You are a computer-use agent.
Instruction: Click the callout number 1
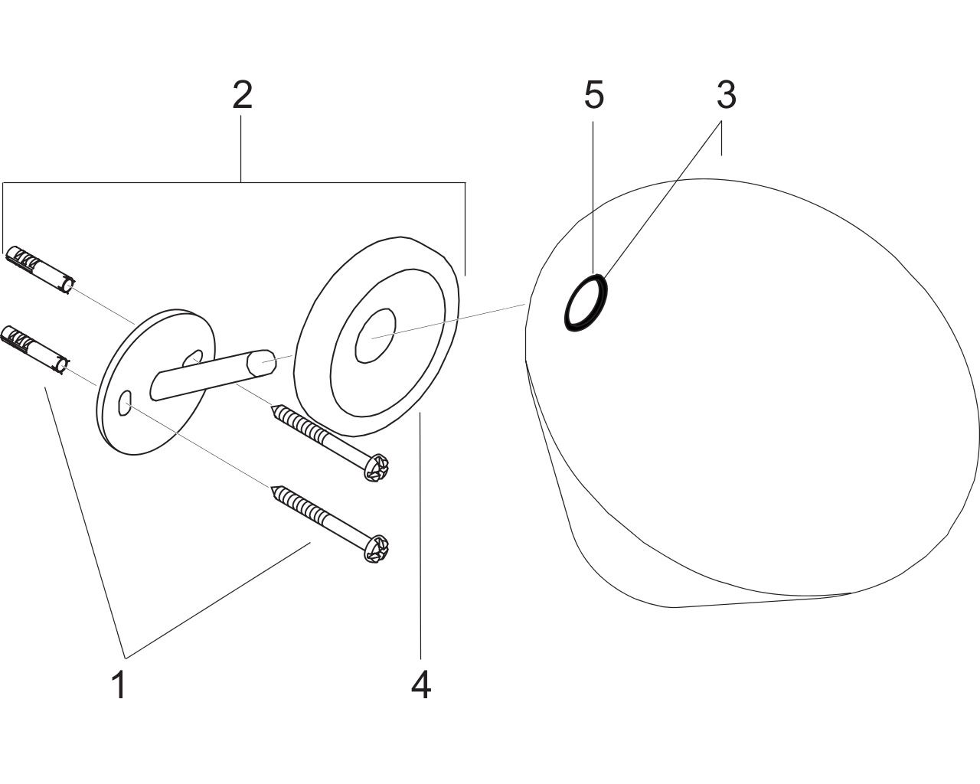click(x=119, y=684)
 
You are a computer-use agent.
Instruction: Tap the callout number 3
click(x=727, y=95)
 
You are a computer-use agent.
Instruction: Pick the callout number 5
click(x=594, y=95)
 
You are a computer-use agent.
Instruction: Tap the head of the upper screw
click(x=377, y=467)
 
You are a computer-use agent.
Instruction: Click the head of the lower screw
click(x=376, y=548)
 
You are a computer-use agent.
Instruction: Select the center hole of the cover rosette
click(x=375, y=336)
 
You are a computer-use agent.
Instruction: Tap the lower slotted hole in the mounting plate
click(x=124, y=402)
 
